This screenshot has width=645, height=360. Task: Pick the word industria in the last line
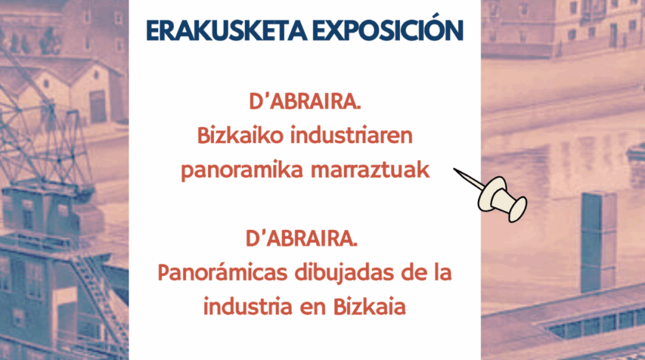tap(248, 306)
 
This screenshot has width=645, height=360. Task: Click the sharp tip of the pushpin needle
tap(455, 171)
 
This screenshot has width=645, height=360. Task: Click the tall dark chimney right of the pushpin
tap(598, 240)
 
